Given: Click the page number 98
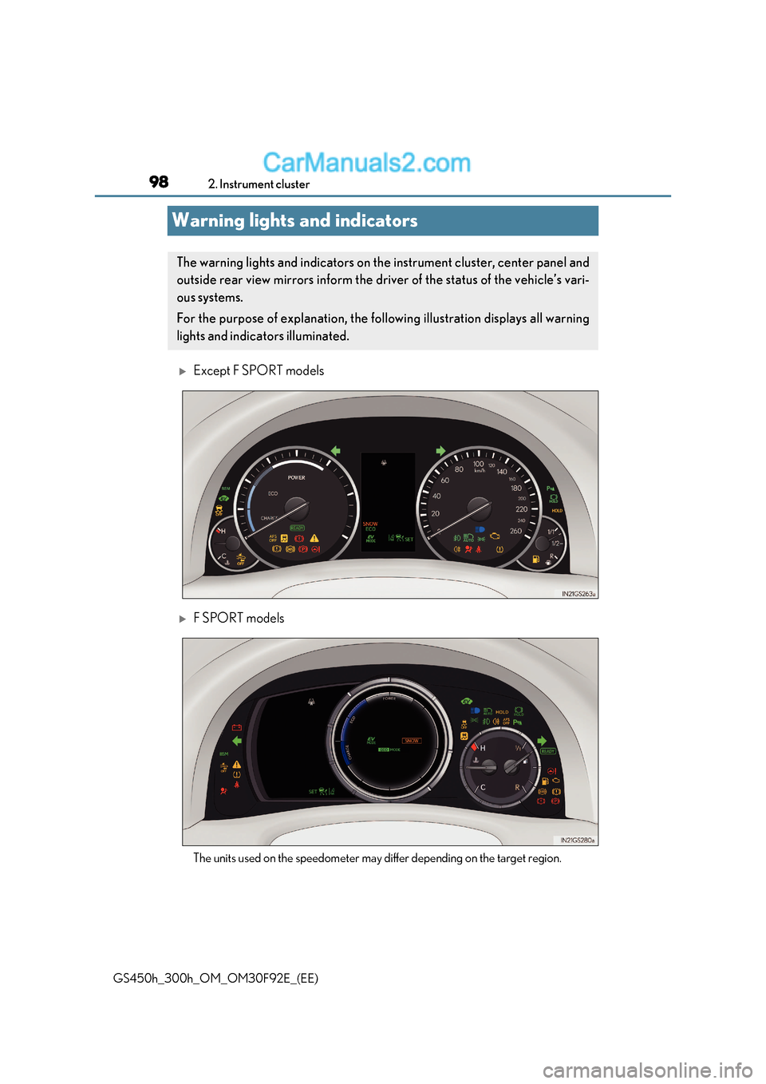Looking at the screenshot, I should point(159,182).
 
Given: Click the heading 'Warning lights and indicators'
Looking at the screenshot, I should point(294,221).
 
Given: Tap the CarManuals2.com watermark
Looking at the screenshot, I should point(366,163).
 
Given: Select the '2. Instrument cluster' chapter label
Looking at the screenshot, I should point(259,184).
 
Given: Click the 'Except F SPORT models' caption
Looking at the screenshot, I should point(259,370).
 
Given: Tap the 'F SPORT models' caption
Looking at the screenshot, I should point(239,618).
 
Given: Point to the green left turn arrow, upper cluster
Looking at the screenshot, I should point(335,451).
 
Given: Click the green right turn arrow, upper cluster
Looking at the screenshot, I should point(440,451).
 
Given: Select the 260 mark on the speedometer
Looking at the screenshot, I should point(515,531).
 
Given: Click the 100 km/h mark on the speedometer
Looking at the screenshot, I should point(479,464).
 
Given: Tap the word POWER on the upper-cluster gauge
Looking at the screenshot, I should point(297,477).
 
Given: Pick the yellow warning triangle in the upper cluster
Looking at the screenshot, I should point(314,538).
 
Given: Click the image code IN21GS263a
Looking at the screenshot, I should point(578,594).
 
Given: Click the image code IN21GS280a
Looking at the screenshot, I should point(577,840).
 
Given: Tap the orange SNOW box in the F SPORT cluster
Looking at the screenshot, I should point(411,741).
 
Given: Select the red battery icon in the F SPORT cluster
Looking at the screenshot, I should point(237,727).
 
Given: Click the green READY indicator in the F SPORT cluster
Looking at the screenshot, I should point(548,751).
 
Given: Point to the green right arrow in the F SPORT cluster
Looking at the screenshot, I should point(543,741).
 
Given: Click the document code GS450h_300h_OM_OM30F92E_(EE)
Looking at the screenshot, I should point(215,979).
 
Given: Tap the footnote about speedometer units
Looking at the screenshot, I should point(377,858).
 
